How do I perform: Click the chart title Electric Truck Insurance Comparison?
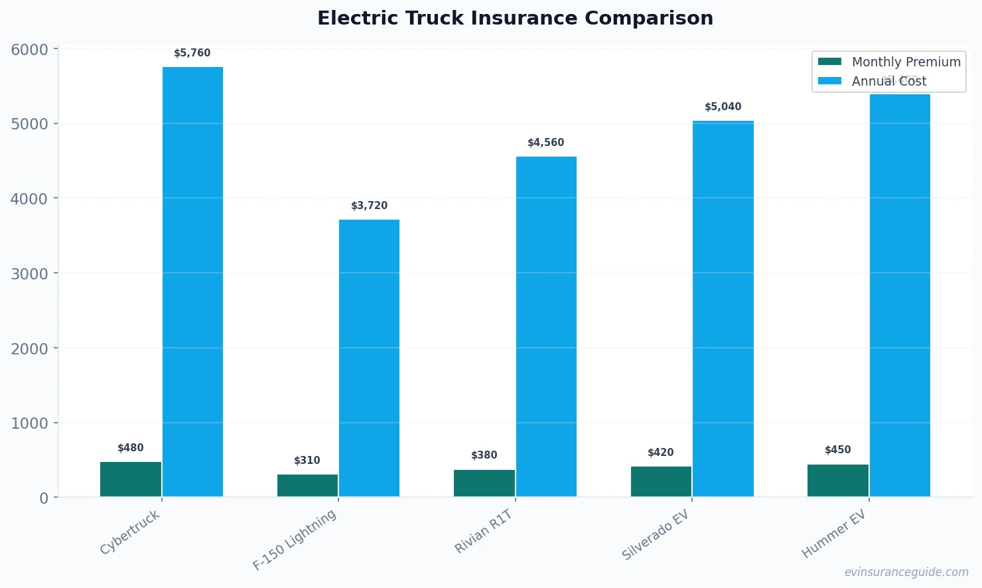(x=515, y=18)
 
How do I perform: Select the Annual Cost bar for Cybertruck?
(x=192, y=281)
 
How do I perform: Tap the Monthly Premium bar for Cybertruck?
(x=131, y=478)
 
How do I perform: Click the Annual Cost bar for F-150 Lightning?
(x=369, y=358)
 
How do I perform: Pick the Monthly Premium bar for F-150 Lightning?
(x=307, y=485)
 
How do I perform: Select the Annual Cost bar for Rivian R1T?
(x=546, y=327)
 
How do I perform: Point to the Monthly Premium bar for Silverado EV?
(x=661, y=481)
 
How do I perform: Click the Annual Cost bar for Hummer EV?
(x=900, y=295)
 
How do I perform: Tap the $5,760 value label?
(x=192, y=53)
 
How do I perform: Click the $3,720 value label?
(x=369, y=206)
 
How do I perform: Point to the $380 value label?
(x=484, y=455)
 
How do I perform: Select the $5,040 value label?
(x=723, y=107)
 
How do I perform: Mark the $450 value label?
(x=837, y=450)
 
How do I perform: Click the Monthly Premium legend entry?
(x=889, y=62)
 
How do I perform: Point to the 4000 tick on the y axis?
(x=29, y=198)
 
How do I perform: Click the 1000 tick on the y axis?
(x=29, y=423)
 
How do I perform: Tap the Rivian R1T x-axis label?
(x=484, y=532)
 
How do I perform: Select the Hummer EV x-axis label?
(x=834, y=534)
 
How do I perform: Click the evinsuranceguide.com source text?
(x=906, y=572)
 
